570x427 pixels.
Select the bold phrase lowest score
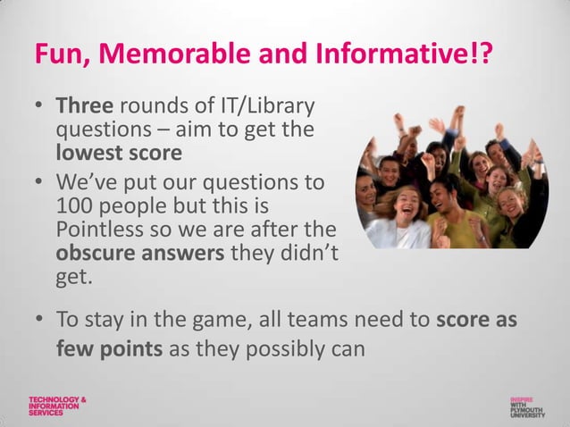click(x=119, y=152)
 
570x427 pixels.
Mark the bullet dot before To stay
click(x=41, y=320)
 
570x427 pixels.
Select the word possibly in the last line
click(x=279, y=347)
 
